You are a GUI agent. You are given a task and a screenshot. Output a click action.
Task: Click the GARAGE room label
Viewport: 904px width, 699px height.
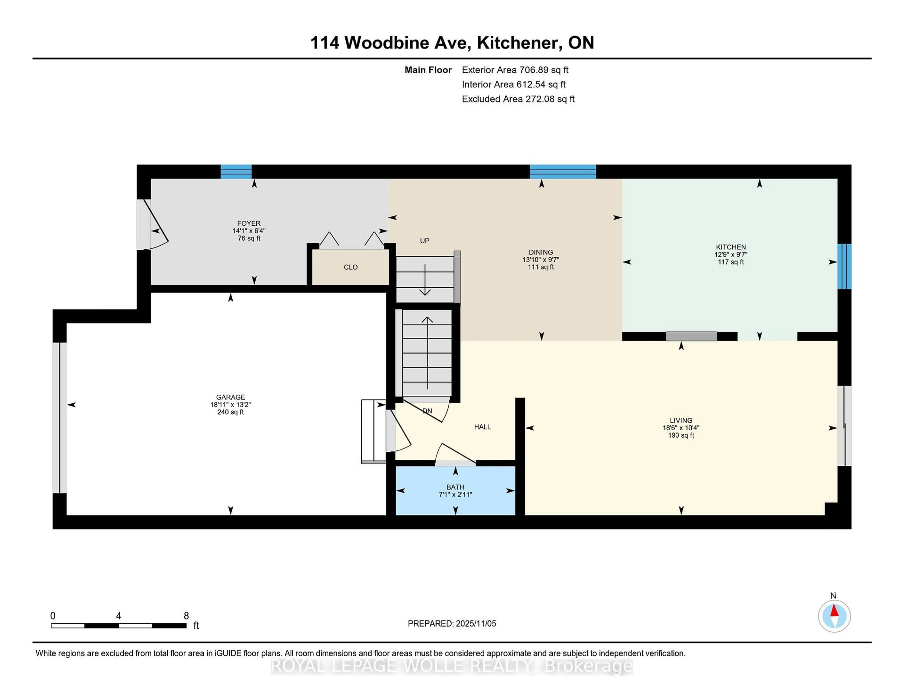point(230,397)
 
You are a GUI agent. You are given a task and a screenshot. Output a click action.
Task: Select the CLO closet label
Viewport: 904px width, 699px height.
point(351,267)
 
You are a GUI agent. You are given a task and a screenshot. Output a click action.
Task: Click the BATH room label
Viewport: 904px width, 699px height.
point(455,487)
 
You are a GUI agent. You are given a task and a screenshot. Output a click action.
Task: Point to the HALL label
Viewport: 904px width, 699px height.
point(482,427)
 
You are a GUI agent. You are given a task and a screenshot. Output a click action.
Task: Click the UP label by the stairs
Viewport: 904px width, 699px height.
point(425,241)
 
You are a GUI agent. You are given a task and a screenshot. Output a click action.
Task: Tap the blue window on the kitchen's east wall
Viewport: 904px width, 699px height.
point(844,266)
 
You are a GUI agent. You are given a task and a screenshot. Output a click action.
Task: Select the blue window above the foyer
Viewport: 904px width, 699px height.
point(236,171)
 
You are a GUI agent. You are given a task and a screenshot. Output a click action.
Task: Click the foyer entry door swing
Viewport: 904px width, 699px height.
point(154,226)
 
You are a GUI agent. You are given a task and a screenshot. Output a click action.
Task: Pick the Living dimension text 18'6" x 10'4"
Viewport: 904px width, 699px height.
point(681,428)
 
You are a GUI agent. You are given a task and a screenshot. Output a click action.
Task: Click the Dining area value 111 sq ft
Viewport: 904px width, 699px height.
point(541,267)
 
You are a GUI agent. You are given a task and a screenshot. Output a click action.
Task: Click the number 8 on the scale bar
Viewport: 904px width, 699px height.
point(186,616)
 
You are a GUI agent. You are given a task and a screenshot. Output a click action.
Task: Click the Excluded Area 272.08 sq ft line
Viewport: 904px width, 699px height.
point(518,99)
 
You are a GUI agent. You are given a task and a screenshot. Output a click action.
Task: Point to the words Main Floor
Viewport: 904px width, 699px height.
point(428,70)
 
